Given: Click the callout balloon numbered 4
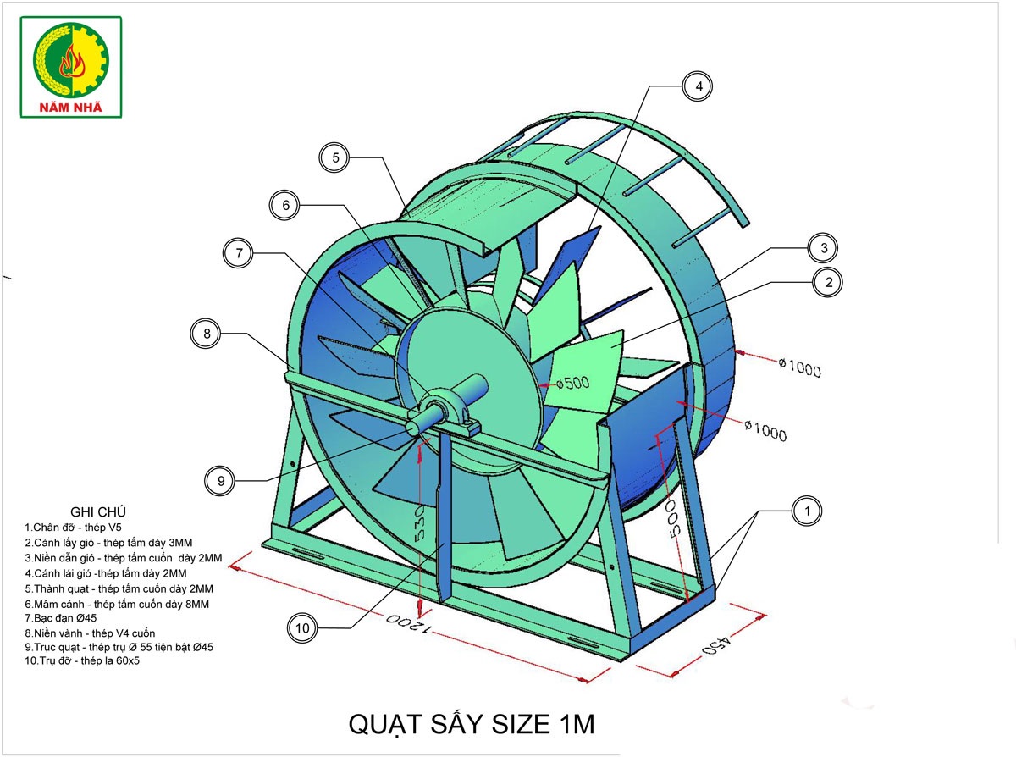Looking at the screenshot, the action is coord(698,86).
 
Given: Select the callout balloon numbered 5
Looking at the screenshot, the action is coord(334,157).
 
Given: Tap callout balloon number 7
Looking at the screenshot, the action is coord(238,253).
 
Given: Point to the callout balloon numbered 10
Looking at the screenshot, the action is coord(302,627).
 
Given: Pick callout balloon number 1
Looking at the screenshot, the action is coord(807,511).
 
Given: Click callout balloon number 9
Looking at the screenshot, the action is coord(220,481).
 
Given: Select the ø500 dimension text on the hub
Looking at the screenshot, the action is coord(572,383).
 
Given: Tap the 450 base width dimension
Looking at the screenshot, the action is coord(716,644).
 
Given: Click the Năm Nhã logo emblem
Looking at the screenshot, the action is coord(71,59).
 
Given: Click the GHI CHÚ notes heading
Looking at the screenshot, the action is coord(98,511).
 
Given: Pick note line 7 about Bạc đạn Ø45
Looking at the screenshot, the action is coord(61,618).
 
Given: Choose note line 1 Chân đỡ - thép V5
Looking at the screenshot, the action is coord(74,528).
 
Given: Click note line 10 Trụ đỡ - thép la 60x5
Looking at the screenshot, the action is coord(82,660).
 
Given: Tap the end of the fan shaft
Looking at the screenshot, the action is coord(412,428).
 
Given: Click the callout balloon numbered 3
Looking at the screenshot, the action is coord(823,248).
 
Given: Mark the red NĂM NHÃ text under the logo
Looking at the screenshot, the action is coord(70,108).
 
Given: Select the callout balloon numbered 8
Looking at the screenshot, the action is coord(206,334).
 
